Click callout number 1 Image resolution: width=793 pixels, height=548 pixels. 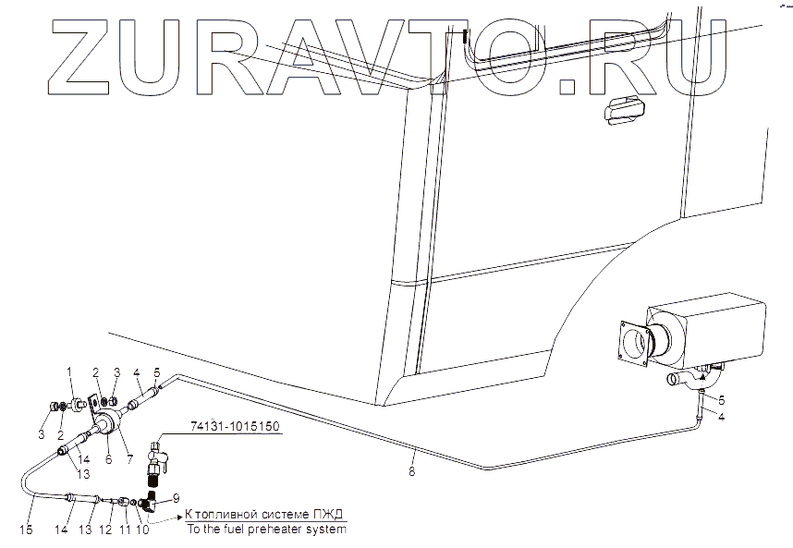tap(67, 371)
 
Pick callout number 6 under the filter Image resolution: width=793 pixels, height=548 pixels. tap(108, 457)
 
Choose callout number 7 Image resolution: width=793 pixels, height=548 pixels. tap(128, 457)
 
